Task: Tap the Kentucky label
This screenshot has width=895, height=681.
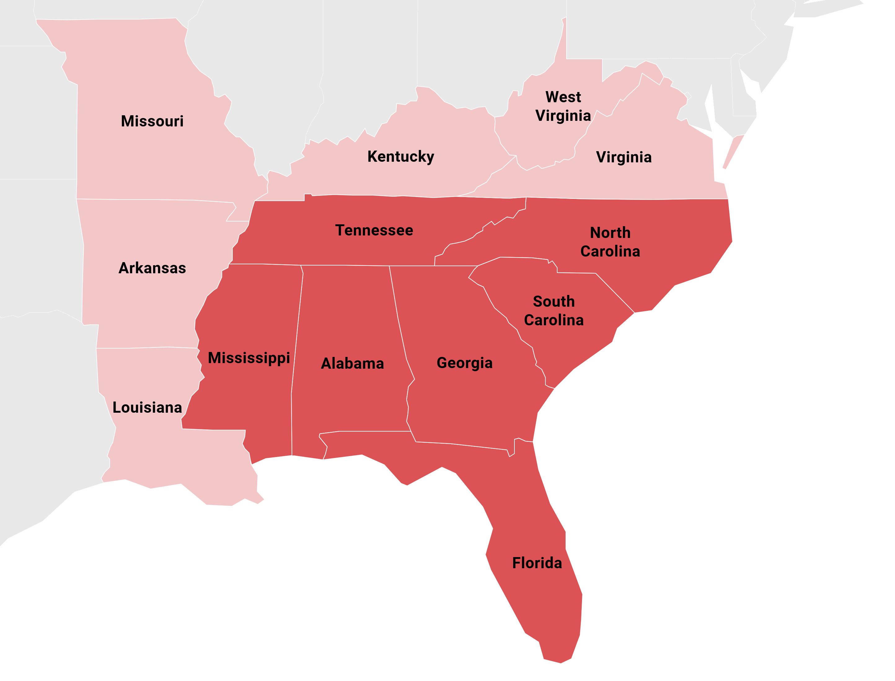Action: pos(400,156)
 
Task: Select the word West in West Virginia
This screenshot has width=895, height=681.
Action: pos(563,97)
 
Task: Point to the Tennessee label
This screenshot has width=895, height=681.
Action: pos(374,230)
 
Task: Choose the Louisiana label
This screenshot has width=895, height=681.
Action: pos(147,407)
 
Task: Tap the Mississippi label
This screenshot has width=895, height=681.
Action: pos(249,358)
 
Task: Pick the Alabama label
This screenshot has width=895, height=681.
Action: pos(352,364)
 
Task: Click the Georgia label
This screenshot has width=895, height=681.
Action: pos(465,363)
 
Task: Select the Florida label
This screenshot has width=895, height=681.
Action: pos(537,563)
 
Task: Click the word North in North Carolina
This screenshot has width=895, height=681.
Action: pos(610,233)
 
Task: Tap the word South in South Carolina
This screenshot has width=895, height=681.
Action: pos(554,301)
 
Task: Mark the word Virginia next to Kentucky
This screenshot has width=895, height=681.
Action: pos(624,157)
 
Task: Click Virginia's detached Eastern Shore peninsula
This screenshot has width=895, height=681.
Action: pos(733,152)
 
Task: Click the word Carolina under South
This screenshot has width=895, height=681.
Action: pos(554,320)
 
